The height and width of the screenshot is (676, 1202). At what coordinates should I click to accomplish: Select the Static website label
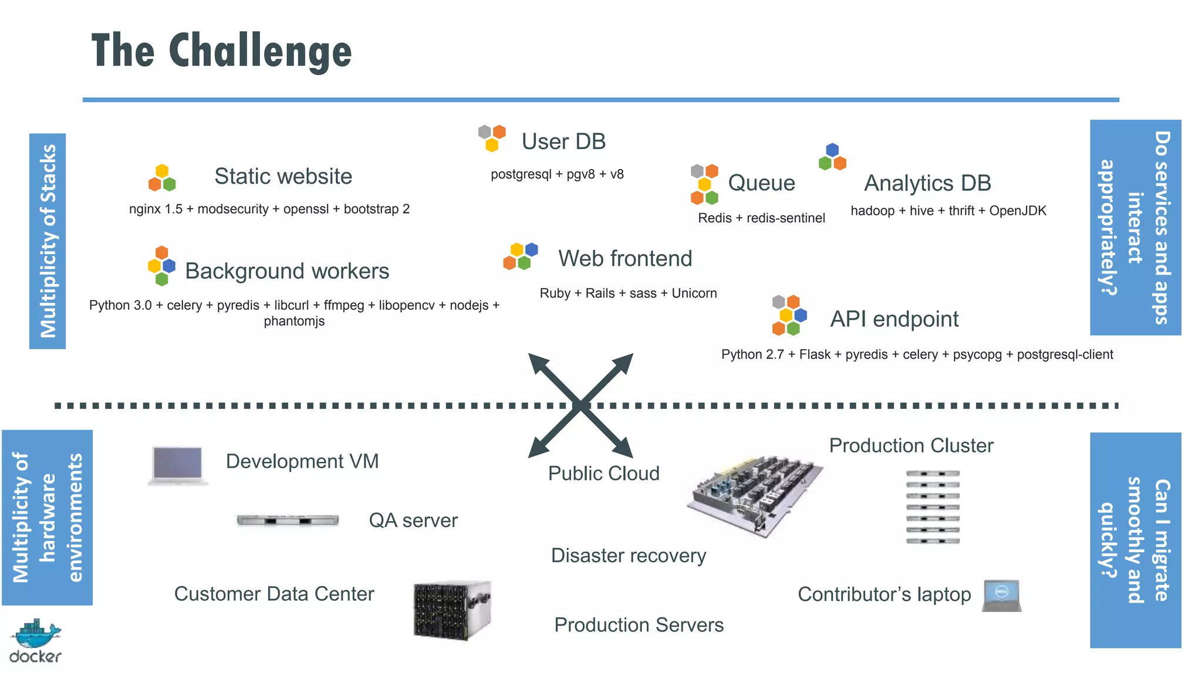[283, 176]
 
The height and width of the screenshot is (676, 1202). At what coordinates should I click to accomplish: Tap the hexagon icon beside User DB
[492, 137]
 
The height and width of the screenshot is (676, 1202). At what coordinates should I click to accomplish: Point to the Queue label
[761, 183]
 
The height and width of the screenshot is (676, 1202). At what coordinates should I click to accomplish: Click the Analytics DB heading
[927, 183]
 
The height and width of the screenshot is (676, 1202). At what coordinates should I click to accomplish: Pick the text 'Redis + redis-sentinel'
[761, 218]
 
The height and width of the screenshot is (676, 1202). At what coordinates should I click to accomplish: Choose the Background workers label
[287, 271]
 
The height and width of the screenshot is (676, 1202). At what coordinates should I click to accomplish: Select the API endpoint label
[894, 319]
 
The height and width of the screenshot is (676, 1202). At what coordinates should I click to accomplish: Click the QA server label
[413, 520]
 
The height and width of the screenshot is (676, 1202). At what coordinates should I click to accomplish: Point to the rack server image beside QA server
[288, 520]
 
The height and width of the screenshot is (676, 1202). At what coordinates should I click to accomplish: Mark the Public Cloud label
[603, 474]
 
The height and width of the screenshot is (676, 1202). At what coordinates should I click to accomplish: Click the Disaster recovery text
[629, 556]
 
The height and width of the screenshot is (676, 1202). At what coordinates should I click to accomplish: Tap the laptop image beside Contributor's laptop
[1002, 596]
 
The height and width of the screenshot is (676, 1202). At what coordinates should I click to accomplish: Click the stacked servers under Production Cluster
[933, 507]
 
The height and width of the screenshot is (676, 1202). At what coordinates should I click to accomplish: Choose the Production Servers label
[639, 625]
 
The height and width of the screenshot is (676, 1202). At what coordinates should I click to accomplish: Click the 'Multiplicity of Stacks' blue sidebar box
[48, 241]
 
